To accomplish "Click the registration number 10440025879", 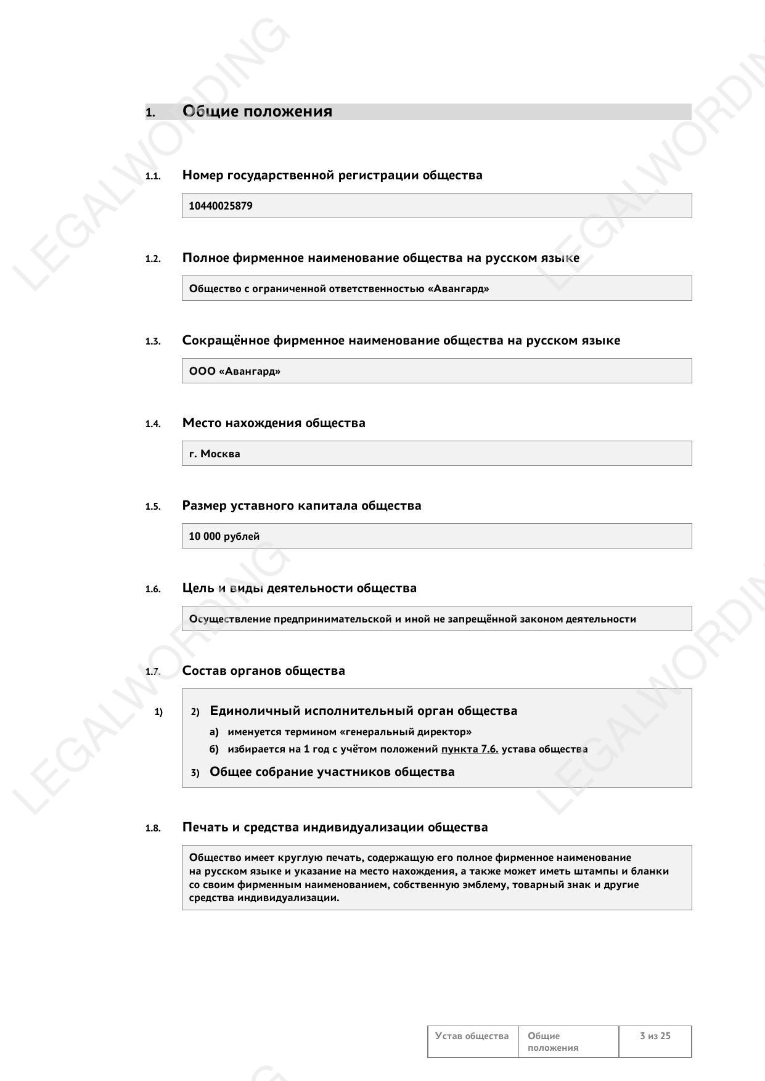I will [220, 206].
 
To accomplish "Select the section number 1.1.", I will [153, 176].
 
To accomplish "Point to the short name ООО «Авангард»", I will [234, 371].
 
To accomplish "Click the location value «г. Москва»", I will [215, 454].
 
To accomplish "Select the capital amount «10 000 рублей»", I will [224, 536].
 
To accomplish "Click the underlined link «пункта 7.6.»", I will [470, 749].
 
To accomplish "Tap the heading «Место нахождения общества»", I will [274, 423].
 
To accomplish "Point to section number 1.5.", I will [153, 507].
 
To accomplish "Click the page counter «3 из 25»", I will [655, 1035].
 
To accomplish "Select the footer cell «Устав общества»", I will [472, 1035].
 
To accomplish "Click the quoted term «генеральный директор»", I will [406, 732].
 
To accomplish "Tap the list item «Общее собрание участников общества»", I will [332, 772].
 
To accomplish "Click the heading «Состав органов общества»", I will [263, 671].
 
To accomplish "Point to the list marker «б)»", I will [214, 749].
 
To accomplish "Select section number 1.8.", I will [153, 828].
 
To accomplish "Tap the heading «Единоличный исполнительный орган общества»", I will [363, 711].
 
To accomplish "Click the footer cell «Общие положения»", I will [553, 1042].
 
